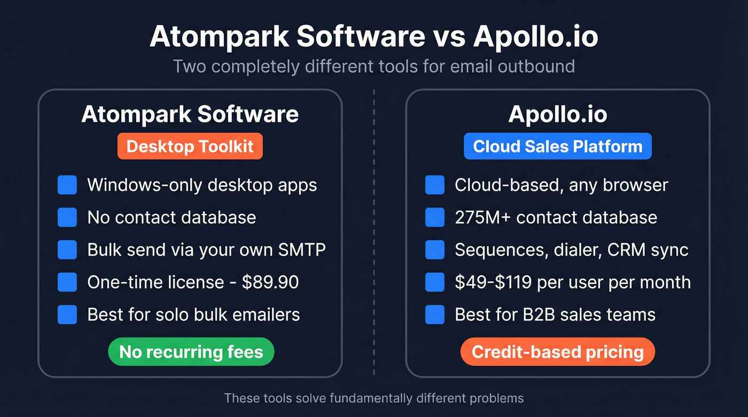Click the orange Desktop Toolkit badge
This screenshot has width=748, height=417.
pos(190,146)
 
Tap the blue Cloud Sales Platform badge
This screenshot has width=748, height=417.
pos(558,146)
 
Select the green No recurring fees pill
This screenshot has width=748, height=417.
pos(191,352)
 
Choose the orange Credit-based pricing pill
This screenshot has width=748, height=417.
pos(558,352)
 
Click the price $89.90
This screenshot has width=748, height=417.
pos(270,282)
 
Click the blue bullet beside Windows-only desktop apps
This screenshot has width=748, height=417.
pos(67,185)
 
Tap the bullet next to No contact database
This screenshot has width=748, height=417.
pos(67,217)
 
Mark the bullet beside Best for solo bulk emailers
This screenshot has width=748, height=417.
pos(67,314)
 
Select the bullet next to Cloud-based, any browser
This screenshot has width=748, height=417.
pos(435,185)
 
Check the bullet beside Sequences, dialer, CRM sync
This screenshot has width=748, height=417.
pos(435,250)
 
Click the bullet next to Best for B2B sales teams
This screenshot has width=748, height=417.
pos(435,314)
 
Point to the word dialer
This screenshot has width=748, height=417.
pos(574,250)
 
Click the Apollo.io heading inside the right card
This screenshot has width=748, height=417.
pos(558,114)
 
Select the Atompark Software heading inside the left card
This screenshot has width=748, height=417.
pos(190,114)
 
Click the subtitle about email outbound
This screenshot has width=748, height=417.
pos(374,66)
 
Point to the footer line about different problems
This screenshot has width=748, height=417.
pos(374,398)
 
